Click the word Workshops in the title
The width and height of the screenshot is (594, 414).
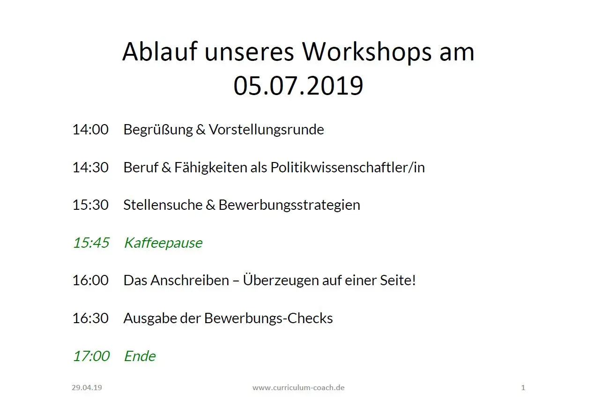pyautogui.click(x=367, y=52)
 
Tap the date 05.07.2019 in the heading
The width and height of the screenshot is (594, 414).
pyautogui.click(x=298, y=86)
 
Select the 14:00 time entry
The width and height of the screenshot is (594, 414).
pyautogui.click(x=90, y=130)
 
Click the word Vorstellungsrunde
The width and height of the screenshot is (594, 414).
pyautogui.click(x=266, y=130)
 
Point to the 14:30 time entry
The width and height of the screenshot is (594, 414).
pyautogui.click(x=90, y=168)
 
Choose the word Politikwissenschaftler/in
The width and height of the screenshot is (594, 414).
pyautogui.click(x=348, y=168)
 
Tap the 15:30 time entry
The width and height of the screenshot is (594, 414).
pyautogui.click(x=90, y=205)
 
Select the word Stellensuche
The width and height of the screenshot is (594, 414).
pyautogui.click(x=163, y=205)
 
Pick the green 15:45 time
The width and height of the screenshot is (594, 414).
pyautogui.click(x=91, y=243)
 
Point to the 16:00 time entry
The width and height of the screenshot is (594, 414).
pyautogui.click(x=90, y=281)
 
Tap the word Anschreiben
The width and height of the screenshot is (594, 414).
pyautogui.click(x=190, y=281)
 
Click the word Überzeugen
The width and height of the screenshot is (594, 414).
pyautogui.click(x=281, y=281)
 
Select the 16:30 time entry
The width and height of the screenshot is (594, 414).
pyautogui.click(x=90, y=318)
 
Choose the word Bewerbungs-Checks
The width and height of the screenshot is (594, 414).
pyautogui.click(x=268, y=318)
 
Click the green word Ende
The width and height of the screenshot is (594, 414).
pyautogui.click(x=140, y=356)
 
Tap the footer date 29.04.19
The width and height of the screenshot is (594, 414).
pyautogui.click(x=87, y=388)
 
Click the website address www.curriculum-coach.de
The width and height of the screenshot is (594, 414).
pyautogui.click(x=298, y=388)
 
